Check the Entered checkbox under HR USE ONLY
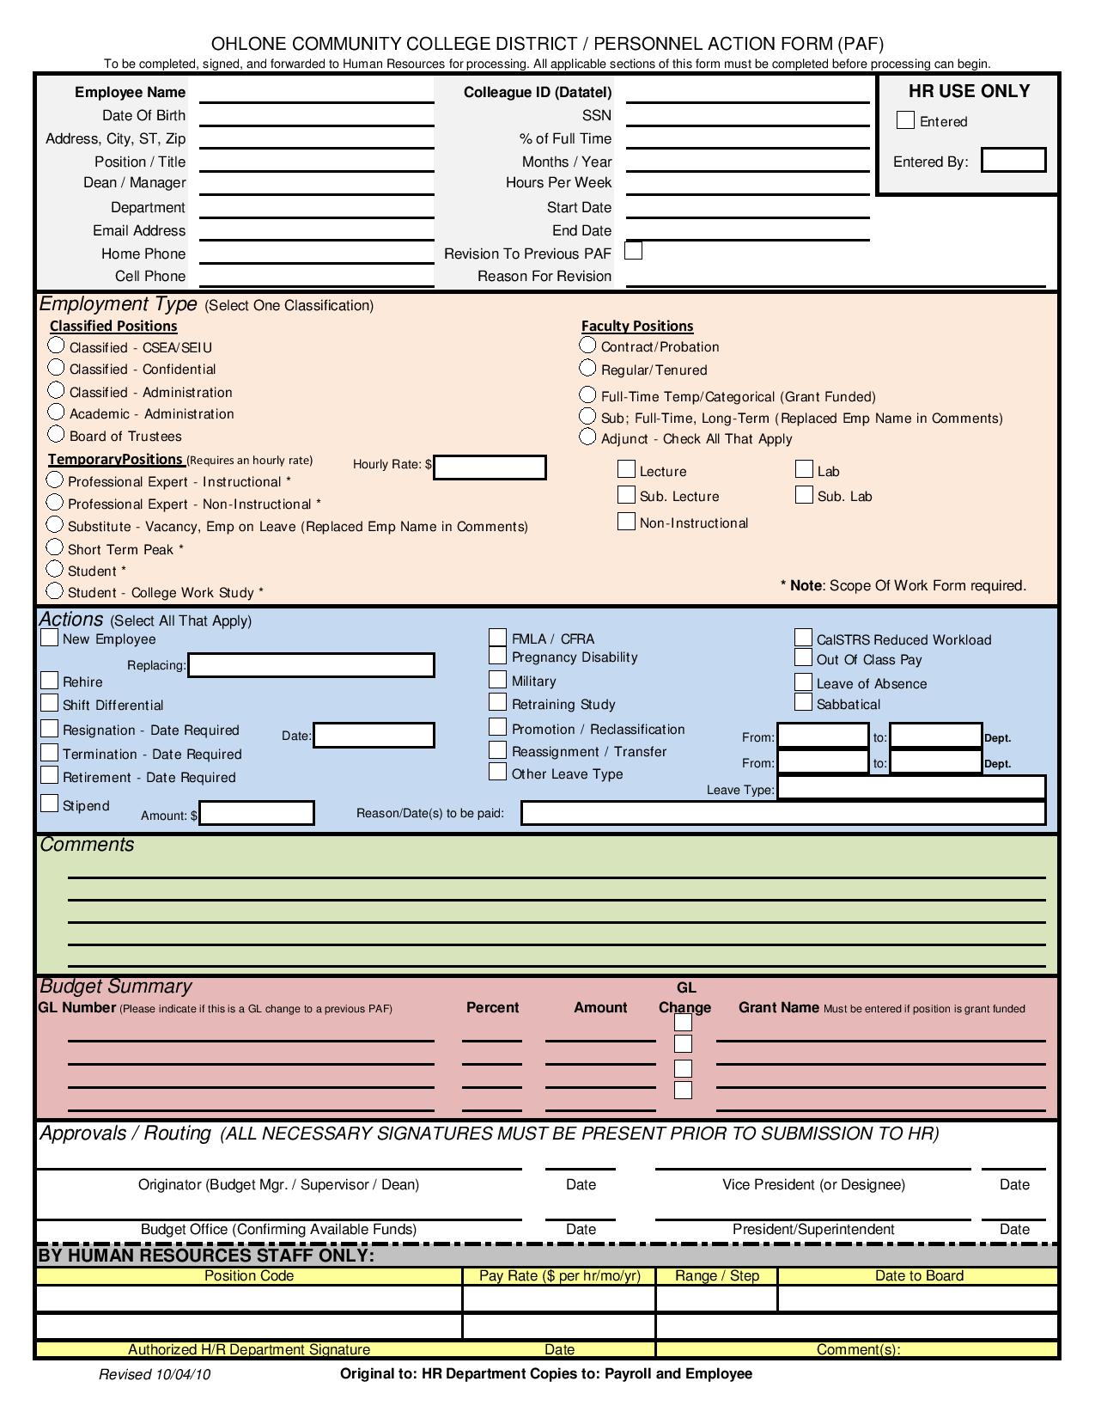point(905,120)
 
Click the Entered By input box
point(1013,160)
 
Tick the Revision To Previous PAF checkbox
point(634,251)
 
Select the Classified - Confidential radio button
point(57,368)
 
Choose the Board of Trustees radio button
point(57,434)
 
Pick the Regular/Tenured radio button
point(587,368)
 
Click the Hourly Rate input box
point(490,467)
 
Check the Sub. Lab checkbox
point(804,494)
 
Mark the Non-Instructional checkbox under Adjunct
point(626,522)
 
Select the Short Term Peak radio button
point(55,547)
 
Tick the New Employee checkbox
point(50,638)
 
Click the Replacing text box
point(311,665)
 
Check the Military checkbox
point(497,680)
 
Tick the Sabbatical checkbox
point(803,702)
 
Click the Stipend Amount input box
point(257,813)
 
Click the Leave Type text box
point(911,787)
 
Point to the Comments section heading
point(87,845)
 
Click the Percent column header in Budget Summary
point(492,1007)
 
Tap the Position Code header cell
point(249,1275)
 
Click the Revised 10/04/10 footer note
point(155,1374)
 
